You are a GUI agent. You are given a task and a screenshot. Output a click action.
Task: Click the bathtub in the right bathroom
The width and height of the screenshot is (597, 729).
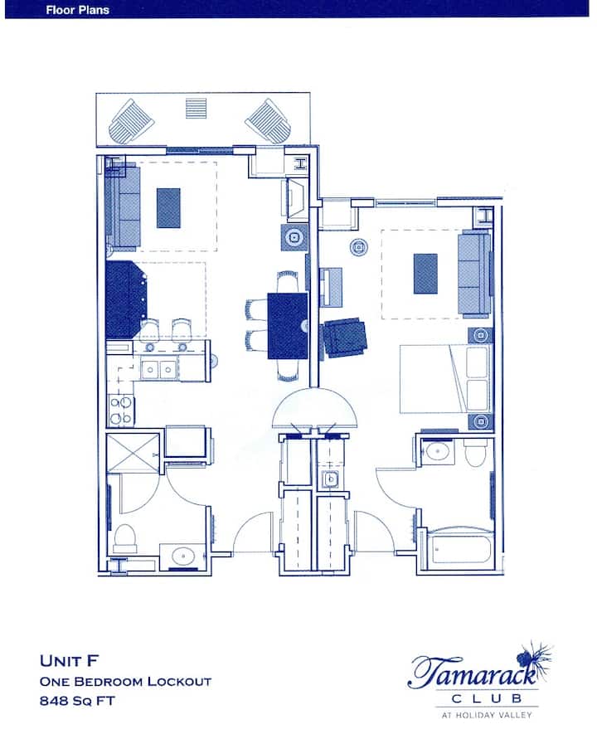[462, 548]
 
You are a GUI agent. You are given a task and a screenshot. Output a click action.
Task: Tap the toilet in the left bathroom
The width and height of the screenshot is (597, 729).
[125, 538]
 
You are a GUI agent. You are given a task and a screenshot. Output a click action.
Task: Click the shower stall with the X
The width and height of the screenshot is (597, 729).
[133, 454]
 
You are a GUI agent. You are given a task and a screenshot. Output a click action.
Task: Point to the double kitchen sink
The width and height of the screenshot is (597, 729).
[159, 370]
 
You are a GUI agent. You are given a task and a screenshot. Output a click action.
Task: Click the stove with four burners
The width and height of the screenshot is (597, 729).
[122, 411]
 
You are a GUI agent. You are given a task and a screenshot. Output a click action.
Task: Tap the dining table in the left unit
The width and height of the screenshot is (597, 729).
[288, 325]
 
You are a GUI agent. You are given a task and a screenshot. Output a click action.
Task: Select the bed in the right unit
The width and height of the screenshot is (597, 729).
[445, 378]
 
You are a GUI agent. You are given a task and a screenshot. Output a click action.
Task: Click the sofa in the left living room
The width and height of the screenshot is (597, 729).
[123, 205]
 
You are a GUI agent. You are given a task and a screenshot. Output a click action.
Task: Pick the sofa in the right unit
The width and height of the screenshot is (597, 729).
[474, 275]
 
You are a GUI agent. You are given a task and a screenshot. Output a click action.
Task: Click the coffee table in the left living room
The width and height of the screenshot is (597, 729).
[168, 208]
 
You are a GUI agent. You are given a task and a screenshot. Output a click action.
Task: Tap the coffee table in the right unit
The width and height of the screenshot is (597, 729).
[425, 274]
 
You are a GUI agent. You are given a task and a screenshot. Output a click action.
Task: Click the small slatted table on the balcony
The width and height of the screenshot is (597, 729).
[197, 109]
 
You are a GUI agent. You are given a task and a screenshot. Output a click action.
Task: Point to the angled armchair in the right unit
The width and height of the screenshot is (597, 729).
[346, 338]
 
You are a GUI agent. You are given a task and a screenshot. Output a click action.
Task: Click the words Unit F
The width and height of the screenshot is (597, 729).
[70, 661]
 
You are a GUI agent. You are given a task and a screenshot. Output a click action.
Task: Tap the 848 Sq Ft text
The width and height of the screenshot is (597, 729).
[77, 701]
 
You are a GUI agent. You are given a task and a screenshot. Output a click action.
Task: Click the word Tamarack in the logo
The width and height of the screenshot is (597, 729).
[473, 671]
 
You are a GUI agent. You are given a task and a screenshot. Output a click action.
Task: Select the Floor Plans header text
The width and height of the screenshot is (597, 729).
[78, 10]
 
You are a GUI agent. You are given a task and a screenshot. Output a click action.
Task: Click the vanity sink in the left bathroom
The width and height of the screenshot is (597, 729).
[182, 556]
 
